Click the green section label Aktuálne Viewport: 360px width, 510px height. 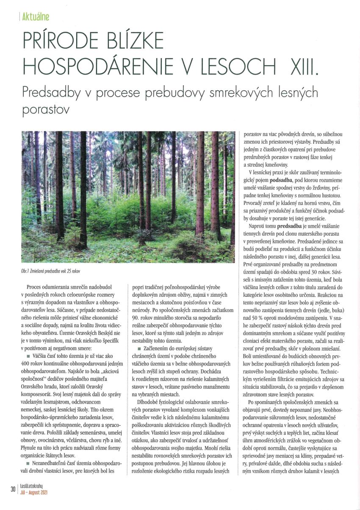pyautogui.click(x=35, y=17)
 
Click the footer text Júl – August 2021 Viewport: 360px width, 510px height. pyautogui.click(x=34, y=492)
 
